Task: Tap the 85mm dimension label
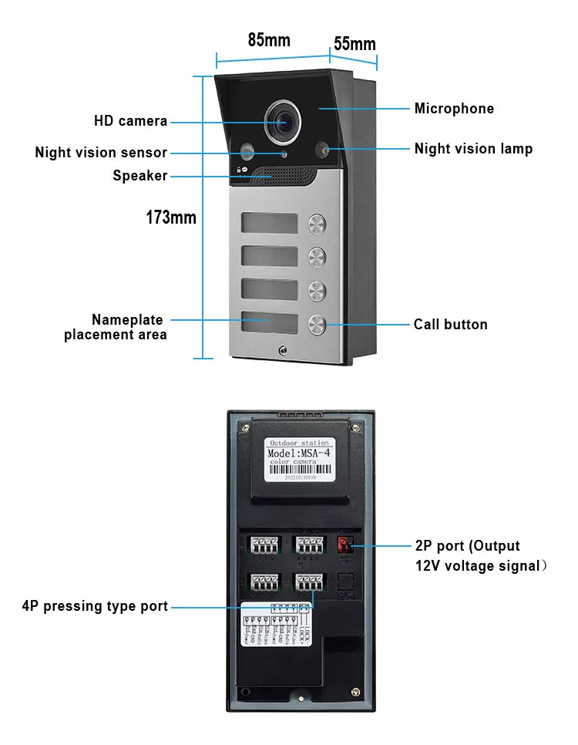click(269, 40)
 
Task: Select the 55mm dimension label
click(355, 44)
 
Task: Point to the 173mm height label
click(171, 217)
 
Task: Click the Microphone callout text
click(454, 109)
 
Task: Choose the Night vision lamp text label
click(473, 149)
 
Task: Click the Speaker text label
click(140, 176)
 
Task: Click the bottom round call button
click(318, 324)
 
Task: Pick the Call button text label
click(450, 325)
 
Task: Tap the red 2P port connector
click(344, 544)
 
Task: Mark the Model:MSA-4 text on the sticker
click(299, 453)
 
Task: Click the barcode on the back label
click(299, 470)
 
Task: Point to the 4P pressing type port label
click(95, 606)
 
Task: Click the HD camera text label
click(130, 121)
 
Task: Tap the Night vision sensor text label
click(101, 153)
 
